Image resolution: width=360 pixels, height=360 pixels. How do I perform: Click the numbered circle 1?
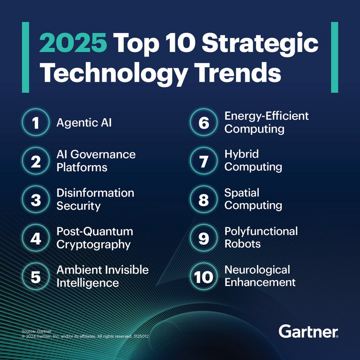point(35,123)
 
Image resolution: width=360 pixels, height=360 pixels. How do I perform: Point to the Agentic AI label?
point(84,123)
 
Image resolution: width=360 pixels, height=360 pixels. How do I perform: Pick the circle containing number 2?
point(35,161)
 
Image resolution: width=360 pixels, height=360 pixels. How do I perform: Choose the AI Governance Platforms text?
point(96,161)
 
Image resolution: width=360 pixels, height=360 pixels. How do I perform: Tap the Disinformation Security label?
point(95,200)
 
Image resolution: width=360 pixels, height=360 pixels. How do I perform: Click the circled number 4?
point(35,238)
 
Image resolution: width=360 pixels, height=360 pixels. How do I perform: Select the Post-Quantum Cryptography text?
point(94,238)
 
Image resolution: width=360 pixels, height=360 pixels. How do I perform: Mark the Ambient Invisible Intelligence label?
point(102,276)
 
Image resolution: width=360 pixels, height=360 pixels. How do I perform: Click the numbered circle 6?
point(204,123)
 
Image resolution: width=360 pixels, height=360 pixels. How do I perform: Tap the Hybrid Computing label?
point(253,160)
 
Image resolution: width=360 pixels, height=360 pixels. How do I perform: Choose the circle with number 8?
point(204,200)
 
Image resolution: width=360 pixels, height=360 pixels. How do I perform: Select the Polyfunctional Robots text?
point(261,238)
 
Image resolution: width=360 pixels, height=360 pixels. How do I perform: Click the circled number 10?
point(204,277)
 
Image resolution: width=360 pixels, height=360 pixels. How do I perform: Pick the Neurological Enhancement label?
point(260,276)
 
